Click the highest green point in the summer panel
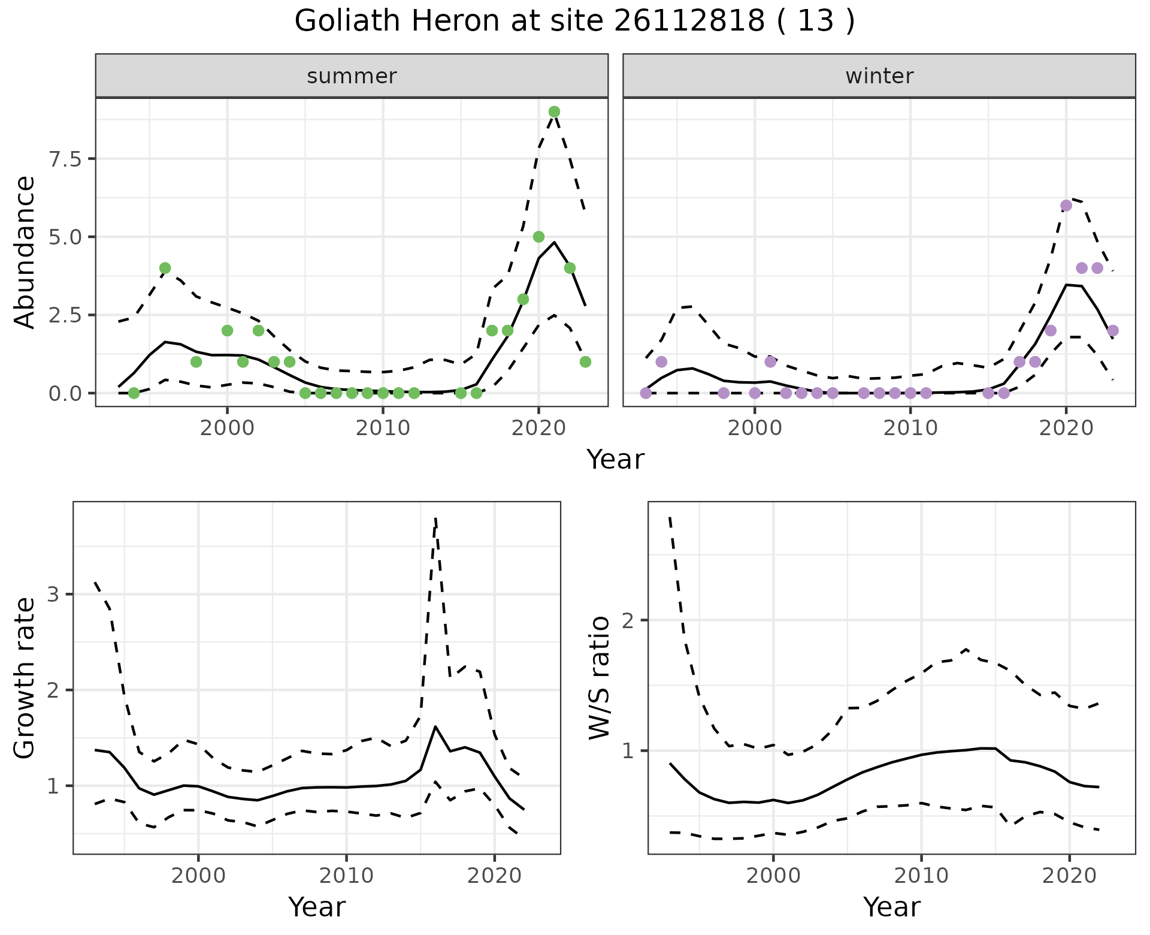[x=554, y=111]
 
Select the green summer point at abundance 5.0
[x=538, y=237]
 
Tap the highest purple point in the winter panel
[x=1066, y=206]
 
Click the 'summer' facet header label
[x=352, y=76]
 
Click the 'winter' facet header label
[x=879, y=76]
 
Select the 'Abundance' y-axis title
[x=25, y=252]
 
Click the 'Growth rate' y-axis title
[x=25, y=678]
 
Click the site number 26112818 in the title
[x=689, y=22]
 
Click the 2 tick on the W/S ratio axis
[x=628, y=620]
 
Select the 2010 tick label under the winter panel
[x=910, y=428]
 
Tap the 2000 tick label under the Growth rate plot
[x=198, y=876]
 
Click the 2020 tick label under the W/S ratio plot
[x=1069, y=876]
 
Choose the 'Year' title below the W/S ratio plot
[x=891, y=907]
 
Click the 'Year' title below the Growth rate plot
[x=317, y=907]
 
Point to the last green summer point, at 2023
[x=585, y=361]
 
